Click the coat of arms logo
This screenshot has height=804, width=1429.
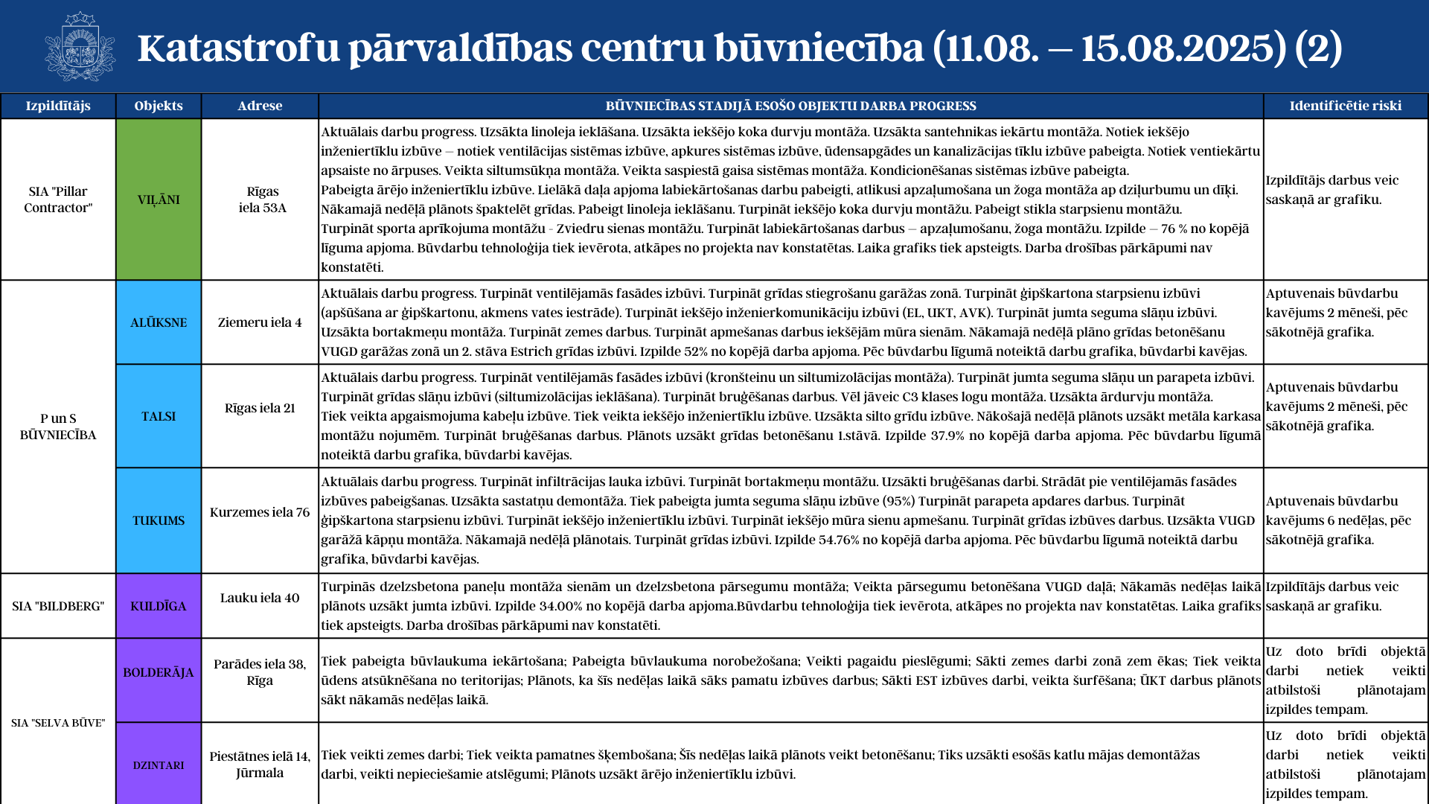(80, 47)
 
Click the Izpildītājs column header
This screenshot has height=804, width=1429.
(58, 106)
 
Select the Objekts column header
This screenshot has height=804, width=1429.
(159, 106)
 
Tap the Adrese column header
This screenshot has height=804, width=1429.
(260, 106)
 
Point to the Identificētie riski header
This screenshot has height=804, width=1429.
(1345, 106)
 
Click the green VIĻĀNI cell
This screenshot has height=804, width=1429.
(159, 200)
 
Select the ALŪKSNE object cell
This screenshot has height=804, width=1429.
(159, 322)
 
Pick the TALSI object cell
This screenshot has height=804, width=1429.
(159, 416)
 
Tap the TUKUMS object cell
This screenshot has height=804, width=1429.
(159, 520)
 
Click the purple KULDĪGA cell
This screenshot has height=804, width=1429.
(159, 606)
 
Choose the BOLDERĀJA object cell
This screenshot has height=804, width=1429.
(159, 672)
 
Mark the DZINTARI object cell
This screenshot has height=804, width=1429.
(159, 765)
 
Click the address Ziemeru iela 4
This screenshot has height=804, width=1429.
(260, 322)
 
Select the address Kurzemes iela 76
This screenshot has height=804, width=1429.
(260, 512)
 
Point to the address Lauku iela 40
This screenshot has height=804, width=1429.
(260, 598)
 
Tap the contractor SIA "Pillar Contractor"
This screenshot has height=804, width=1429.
(58, 200)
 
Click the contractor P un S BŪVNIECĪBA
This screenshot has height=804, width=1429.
(58, 427)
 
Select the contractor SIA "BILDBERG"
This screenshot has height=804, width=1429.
(58, 606)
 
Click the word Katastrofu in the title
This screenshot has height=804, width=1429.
(238, 48)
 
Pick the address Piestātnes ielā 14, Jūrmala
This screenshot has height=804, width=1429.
(260, 765)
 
